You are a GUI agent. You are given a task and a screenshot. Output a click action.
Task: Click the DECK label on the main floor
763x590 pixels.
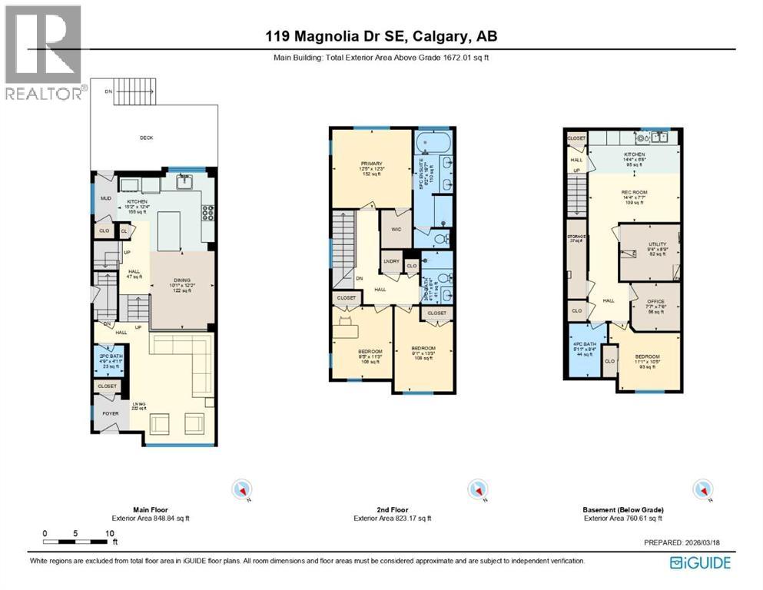(x=146, y=138)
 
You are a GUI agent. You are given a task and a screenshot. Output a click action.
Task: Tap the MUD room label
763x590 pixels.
(x=106, y=198)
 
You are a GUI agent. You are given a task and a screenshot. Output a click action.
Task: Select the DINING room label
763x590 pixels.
(x=183, y=280)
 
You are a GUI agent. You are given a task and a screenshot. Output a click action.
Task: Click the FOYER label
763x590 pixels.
(x=107, y=413)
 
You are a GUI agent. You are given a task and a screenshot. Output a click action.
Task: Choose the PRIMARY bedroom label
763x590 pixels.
(x=371, y=162)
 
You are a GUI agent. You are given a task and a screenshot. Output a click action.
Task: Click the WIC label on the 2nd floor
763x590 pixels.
(x=396, y=228)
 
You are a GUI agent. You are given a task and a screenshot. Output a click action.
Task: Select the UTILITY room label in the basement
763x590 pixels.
(x=652, y=244)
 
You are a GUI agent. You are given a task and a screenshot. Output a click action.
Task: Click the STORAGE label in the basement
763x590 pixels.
(x=578, y=237)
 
